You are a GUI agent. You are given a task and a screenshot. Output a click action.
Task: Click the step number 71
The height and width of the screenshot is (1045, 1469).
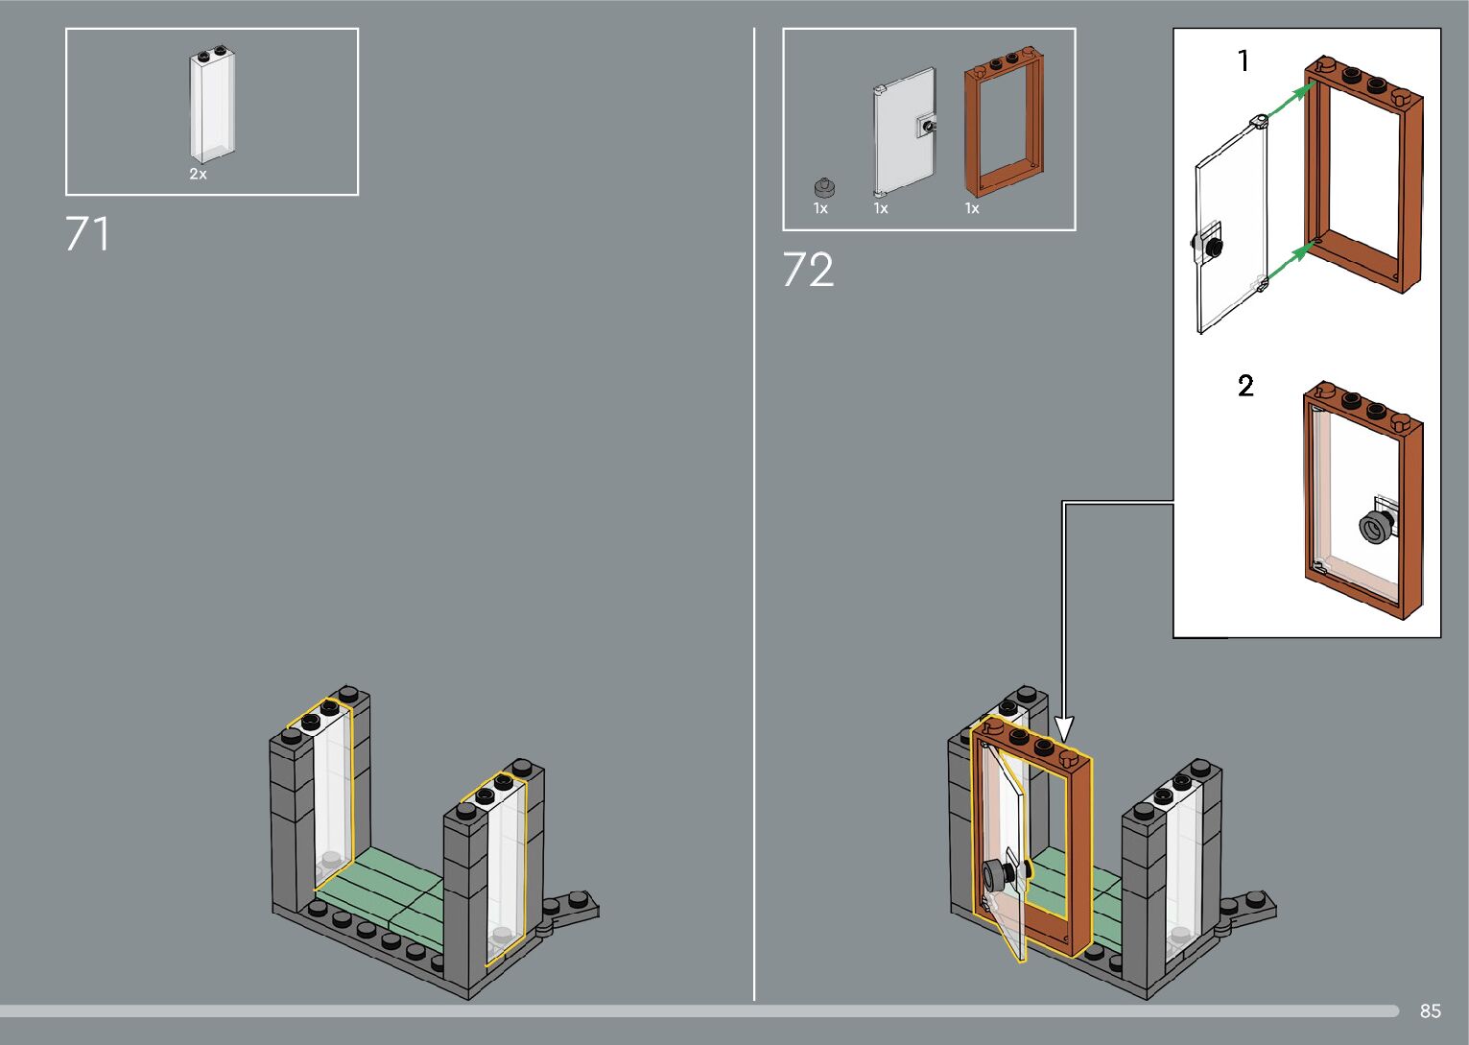click(x=87, y=234)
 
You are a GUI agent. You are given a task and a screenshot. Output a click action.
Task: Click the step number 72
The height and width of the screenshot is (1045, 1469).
click(x=808, y=271)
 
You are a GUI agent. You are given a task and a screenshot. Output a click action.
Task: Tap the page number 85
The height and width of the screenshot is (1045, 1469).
click(x=1430, y=1011)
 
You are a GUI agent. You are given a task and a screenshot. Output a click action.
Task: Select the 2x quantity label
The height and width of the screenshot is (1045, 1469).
click(x=198, y=175)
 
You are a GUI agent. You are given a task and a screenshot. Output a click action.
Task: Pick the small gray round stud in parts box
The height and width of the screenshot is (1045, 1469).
click(x=822, y=187)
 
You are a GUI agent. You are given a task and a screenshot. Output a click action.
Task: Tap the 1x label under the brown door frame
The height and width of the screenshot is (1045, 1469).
click(x=972, y=208)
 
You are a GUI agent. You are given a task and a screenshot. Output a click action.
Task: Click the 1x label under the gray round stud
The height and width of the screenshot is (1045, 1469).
click(x=820, y=208)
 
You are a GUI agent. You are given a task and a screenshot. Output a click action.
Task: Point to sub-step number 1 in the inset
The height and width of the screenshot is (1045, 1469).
click(x=1244, y=61)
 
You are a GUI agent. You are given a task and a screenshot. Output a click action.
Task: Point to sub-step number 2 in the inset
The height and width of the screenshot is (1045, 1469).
click(x=1245, y=386)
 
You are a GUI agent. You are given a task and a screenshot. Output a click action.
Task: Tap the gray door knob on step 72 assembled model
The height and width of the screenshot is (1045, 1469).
click(x=994, y=875)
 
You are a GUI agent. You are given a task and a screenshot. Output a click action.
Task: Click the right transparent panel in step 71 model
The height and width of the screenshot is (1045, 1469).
click(x=504, y=868)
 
